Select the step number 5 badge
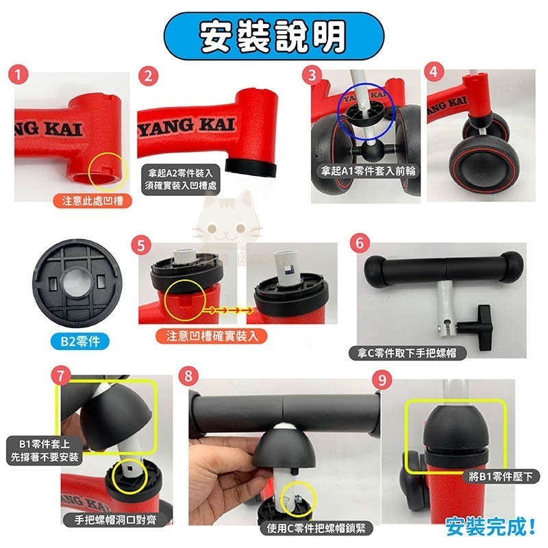click(x=141, y=242)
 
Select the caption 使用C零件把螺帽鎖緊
click(x=316, y=528)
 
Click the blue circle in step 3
click(x=365, y=110)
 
